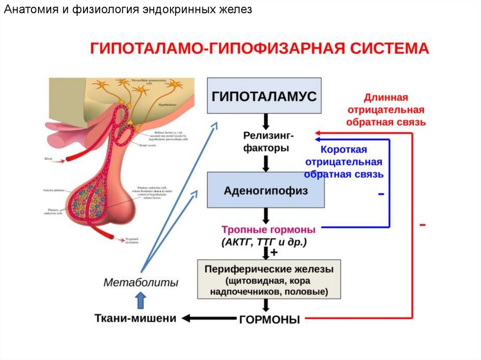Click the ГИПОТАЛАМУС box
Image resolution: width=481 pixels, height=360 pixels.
coord(264,96)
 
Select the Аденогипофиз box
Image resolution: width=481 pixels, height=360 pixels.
coord(266,190)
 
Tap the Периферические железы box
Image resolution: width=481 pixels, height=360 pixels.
coord(268,279)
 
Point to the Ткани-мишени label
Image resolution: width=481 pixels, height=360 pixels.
coord(136,318)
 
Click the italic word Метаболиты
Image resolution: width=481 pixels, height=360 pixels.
coord(141,283)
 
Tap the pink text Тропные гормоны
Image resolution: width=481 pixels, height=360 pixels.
coord(268,230)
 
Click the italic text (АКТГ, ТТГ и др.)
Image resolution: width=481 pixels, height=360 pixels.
coord(264,242)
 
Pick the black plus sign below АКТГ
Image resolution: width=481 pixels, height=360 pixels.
coord(274,252)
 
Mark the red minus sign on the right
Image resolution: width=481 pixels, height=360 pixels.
coord(423,225)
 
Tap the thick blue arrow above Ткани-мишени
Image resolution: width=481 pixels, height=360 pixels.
coord(140,299)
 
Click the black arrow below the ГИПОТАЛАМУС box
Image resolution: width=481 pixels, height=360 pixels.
coord(265,121)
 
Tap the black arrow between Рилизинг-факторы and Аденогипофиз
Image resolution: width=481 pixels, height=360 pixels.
coord(265,163)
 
